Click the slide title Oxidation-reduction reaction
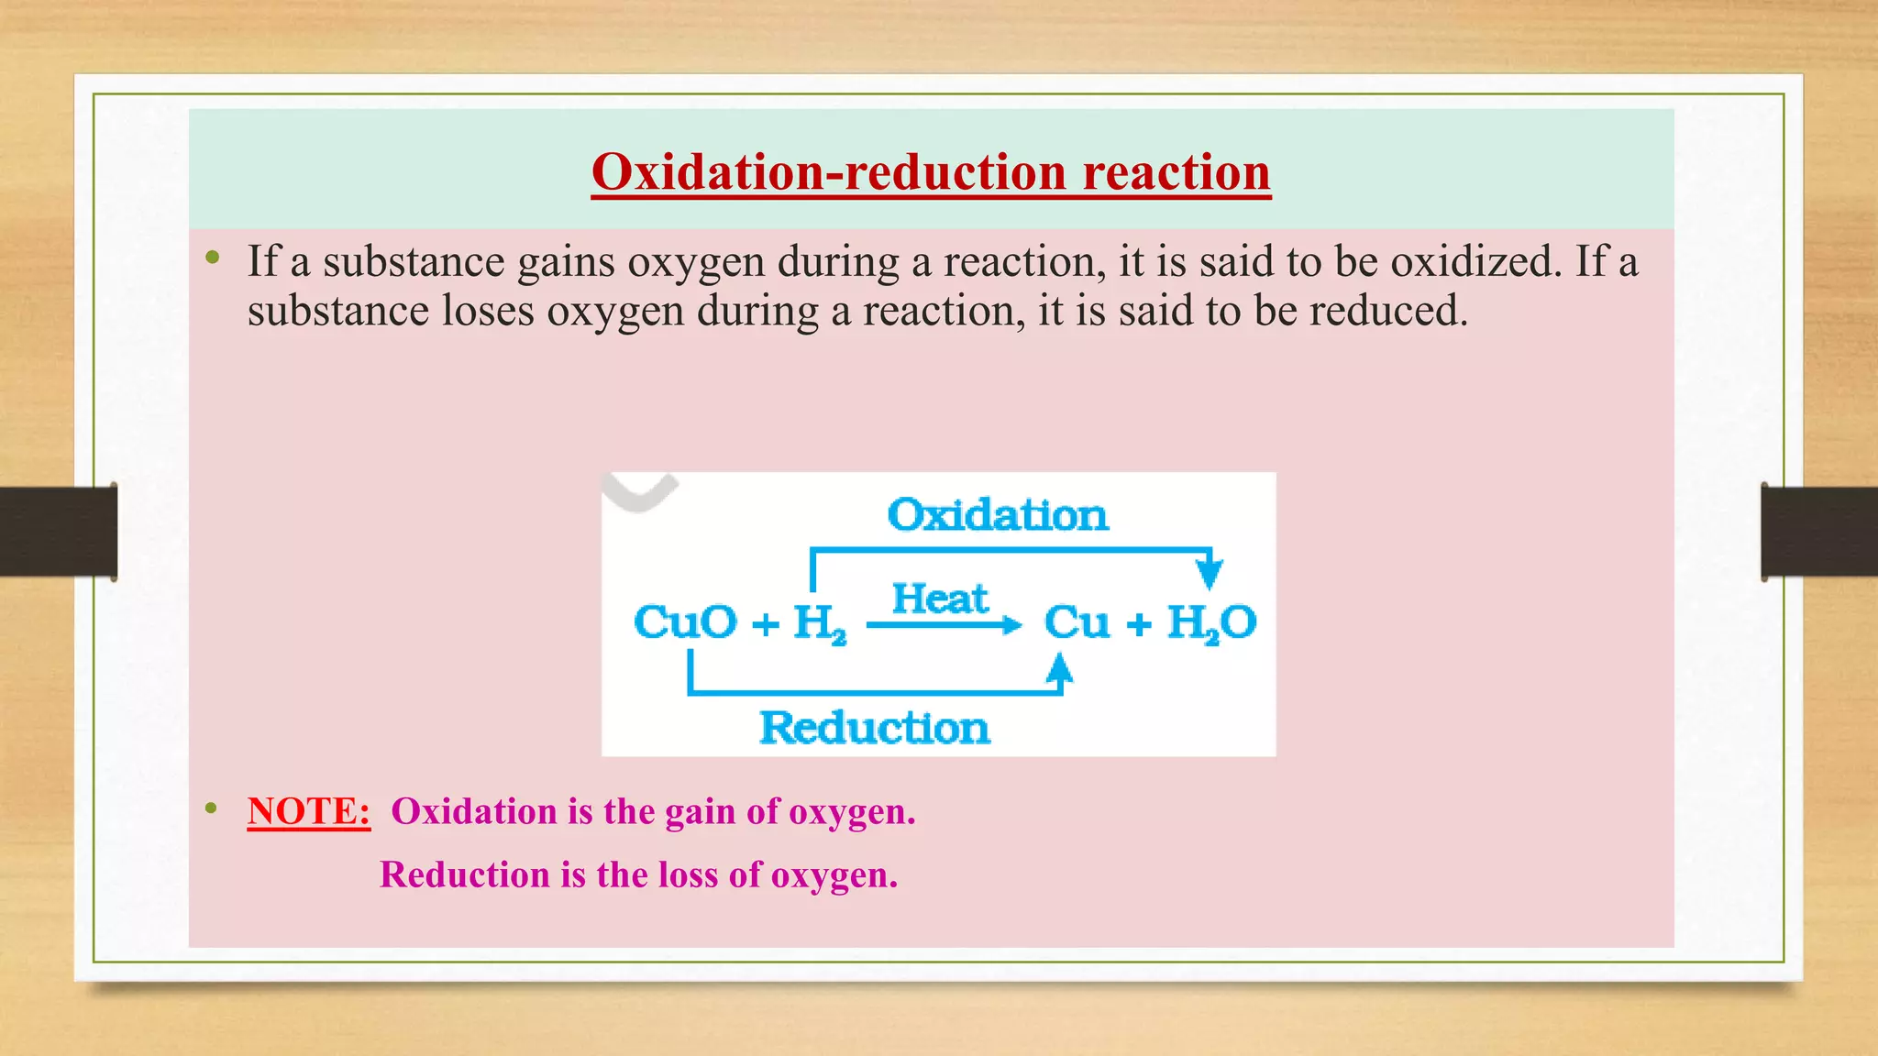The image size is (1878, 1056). tap(931, 172)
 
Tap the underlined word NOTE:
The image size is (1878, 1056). tap(309, 812)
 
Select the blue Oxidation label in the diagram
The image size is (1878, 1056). tap(998, 515)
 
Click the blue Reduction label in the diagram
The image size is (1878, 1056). tap(875, 729)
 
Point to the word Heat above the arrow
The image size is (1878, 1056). tap(940, 599)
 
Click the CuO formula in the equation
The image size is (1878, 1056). tap(685, 623)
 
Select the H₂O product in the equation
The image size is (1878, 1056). tap(1211, 623)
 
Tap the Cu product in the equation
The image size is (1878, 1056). tap(1077, 623)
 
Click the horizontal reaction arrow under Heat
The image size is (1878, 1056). tap(945, 626)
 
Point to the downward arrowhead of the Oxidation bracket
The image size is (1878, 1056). tap(1210, 574)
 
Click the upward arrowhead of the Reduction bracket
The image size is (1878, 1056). tap(1060, 668)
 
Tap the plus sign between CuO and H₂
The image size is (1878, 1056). tap(765, 625)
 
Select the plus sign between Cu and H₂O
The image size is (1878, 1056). tap(1138, 625)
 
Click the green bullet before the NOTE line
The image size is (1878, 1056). tap(212, 808)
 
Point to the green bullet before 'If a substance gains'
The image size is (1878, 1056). tap(213, 258)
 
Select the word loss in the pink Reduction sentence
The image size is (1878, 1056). tap(688, 875)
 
